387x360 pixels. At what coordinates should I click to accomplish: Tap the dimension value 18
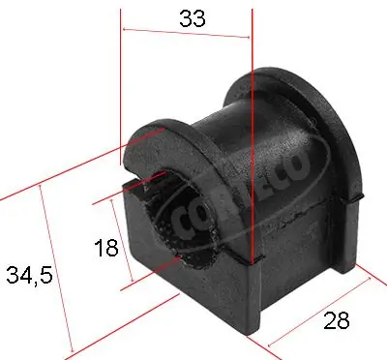pos(107,248)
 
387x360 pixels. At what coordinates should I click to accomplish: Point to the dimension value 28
pos(336,321)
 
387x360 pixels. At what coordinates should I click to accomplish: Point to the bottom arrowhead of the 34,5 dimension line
pos(70,350)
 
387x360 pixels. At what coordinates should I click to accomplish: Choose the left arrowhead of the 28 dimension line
pos(266,344)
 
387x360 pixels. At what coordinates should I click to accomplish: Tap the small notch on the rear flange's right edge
pos(359,195)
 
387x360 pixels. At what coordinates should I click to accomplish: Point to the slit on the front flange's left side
pos(123,181)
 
